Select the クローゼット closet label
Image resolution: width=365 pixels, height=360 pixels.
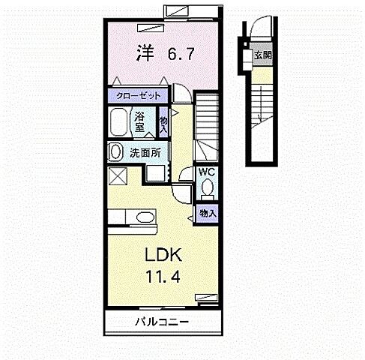tap(139, 96)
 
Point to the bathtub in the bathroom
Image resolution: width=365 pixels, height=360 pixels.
tap(118, 121)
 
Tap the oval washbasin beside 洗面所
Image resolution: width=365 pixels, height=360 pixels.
tap(116, 151)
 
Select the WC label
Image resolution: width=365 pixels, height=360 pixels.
tap(206, 172)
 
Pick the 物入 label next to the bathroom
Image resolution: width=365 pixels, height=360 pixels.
tap(163, 121)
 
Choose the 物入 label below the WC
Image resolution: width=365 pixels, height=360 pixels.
tap(206, 213)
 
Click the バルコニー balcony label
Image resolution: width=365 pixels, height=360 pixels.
tap(161, 322)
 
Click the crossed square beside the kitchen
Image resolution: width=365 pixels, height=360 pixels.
tap(118, 177)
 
